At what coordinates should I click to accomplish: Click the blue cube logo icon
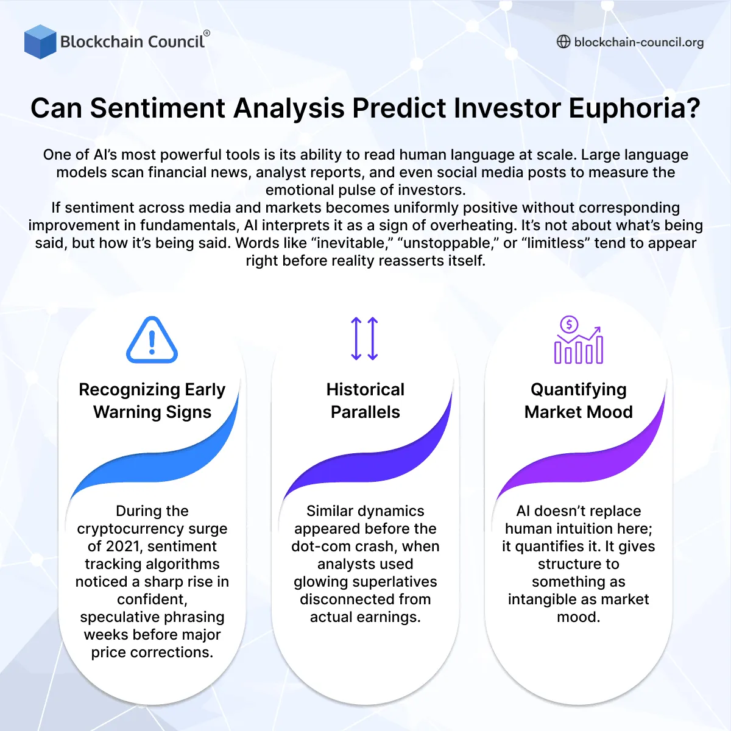[40, 41]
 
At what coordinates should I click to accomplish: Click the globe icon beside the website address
[563, 41]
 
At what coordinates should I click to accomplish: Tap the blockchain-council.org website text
[638, 42]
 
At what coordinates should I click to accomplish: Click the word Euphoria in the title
[634, 108]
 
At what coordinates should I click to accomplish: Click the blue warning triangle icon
[152, 341]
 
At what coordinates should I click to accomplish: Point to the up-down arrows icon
[365, 339]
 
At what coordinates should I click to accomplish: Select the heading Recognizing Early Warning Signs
[152, 400]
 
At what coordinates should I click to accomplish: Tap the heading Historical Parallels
[365, 400]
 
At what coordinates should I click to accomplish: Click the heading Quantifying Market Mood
[578, 400]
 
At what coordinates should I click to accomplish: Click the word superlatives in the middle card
[398, 582]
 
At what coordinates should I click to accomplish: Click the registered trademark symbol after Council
[207, 34]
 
